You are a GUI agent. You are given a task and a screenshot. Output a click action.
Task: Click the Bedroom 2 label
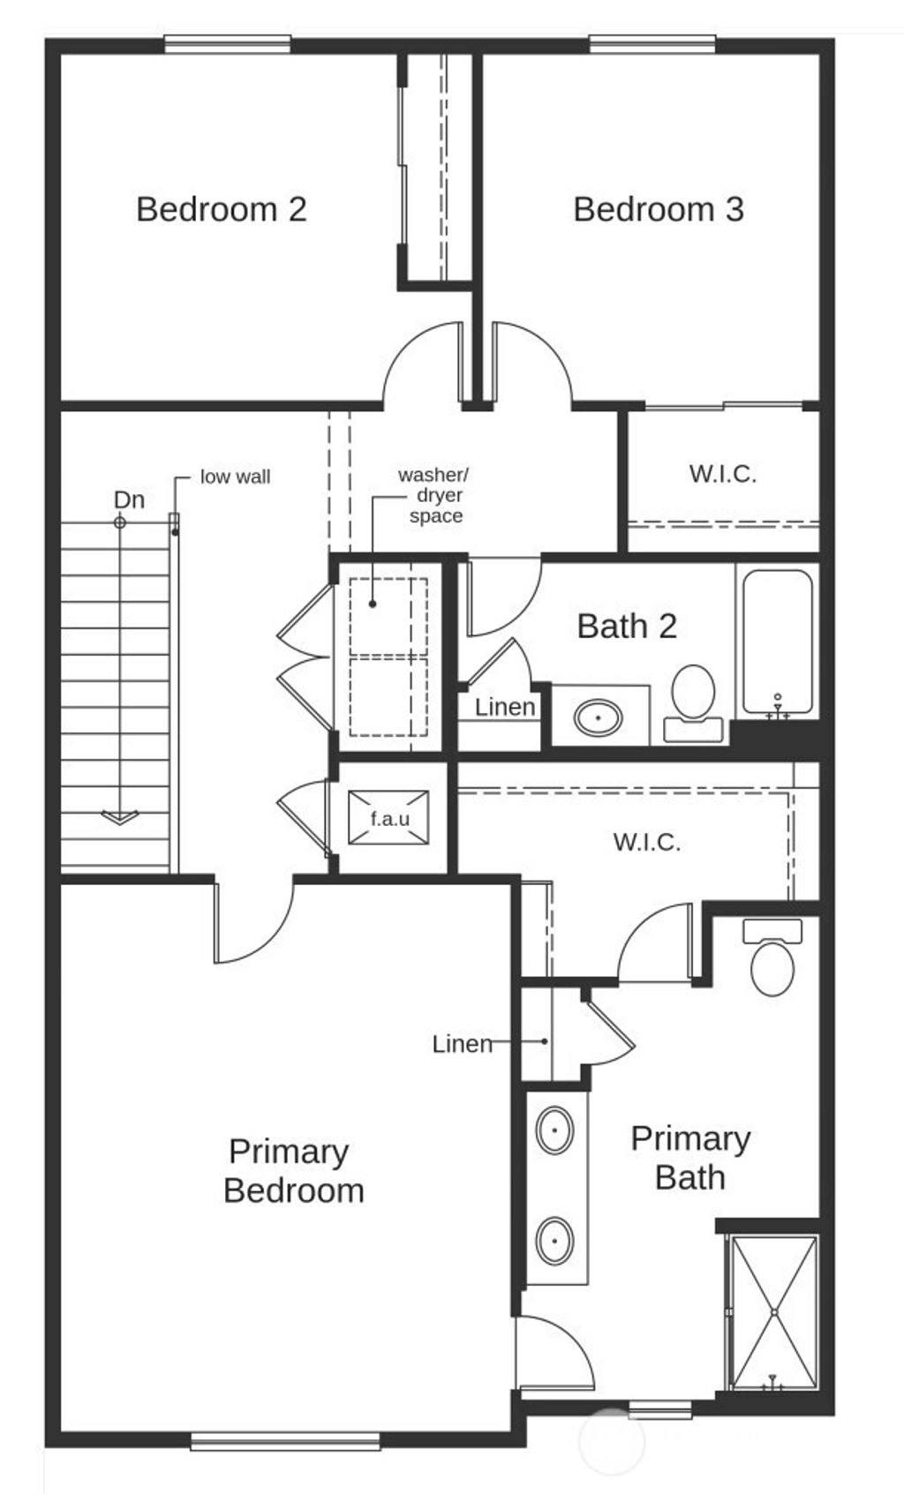(222, 209)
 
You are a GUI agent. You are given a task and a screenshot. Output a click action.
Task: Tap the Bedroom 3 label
(659, 209)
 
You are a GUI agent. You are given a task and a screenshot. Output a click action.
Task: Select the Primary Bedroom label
(294, 1172)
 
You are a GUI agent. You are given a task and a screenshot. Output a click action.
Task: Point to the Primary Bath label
(690, 1159)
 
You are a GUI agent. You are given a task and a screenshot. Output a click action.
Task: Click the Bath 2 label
(627, 627)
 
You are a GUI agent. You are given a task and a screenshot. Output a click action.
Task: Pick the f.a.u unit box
(388, 818)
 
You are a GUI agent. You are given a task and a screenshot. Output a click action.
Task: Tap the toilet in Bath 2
(693, 703)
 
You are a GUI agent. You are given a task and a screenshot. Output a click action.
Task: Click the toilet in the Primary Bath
(772, 957)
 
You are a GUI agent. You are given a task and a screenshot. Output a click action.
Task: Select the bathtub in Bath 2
(777, 642)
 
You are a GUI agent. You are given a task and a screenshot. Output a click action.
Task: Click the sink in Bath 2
(599, 717)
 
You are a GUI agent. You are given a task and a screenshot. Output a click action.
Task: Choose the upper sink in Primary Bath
(555, 1130)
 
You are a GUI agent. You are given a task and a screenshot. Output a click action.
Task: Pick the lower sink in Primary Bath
(555, 1242)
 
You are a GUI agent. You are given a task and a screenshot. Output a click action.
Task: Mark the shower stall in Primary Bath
(774, 1312)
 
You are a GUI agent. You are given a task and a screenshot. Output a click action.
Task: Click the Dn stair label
(129, 499)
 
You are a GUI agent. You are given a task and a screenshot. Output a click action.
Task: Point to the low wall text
(236, 477)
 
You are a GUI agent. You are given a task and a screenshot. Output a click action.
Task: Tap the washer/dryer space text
(435, 495)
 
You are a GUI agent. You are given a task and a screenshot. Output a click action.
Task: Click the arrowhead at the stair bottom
(120, 817)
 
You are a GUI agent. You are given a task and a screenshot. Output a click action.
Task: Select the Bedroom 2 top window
(228, 45)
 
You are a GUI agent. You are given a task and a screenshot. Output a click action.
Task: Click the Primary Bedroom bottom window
(285, 1440)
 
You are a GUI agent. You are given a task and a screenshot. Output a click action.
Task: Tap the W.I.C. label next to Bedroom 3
(722, 474)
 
